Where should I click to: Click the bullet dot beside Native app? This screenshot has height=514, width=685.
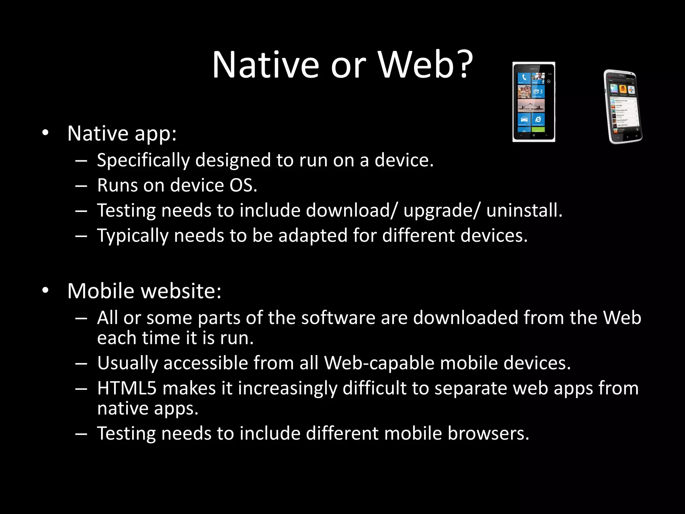coord(45,133)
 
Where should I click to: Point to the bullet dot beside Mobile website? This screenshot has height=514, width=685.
coord(45,290)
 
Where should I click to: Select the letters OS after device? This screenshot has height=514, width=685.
coord(242,185)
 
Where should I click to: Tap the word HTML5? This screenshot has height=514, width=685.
coord(127,389)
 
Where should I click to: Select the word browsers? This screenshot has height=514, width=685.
coord(488,434)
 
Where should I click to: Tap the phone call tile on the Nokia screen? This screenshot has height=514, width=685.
coord(524,78)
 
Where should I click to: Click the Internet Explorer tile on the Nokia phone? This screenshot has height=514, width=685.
coord(538,119)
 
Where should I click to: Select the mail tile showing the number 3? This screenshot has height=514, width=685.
coord(538,91)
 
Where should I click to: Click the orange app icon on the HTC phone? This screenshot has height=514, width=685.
coord(622,89)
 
